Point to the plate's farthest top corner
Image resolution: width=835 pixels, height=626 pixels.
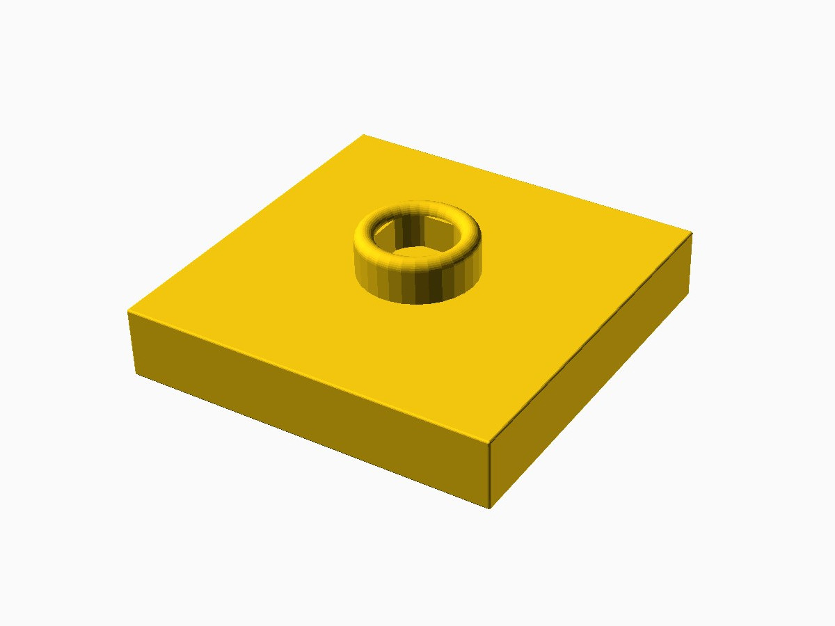point(364,134)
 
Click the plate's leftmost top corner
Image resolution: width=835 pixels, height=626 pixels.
point(128,312)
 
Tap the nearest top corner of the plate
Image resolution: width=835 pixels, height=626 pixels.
point(491,441)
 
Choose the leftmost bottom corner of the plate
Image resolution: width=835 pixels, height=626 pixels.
point(134,374)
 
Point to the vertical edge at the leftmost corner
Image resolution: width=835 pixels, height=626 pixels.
point(131,342)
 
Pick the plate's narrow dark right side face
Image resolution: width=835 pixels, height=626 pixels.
point(591,369)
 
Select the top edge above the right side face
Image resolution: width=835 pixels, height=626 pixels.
point(591,337)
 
